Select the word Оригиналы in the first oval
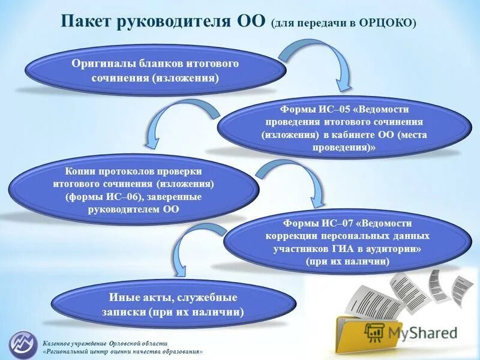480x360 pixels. tap(107, 64)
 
